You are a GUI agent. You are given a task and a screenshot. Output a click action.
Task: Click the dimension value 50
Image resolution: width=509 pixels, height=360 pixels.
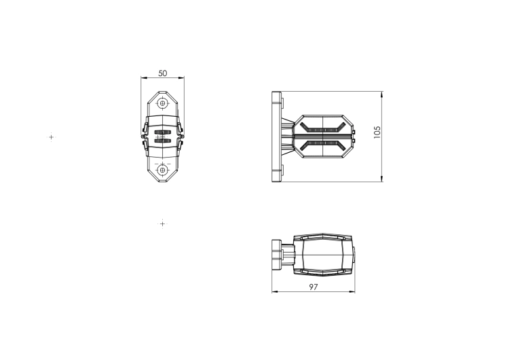[x=163, y=73]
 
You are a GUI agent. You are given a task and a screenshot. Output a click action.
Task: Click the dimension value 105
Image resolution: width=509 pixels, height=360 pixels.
[x=377, y=132]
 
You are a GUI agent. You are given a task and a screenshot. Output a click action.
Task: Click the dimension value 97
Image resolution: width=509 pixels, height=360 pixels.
[x=314, y=287]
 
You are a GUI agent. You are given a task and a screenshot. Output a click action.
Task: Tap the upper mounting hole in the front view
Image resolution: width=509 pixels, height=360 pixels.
[x=163, y=103]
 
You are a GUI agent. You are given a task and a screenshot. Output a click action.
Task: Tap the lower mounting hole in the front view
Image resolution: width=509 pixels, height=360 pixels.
[x=163, y=170]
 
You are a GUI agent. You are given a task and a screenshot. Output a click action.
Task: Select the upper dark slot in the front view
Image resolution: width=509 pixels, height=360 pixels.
[x=163, y=132]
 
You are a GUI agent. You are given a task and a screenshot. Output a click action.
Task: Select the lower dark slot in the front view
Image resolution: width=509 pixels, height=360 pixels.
[x=163, y=141]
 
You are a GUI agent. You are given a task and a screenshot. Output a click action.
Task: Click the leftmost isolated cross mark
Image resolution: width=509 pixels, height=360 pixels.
[x=52, y=137]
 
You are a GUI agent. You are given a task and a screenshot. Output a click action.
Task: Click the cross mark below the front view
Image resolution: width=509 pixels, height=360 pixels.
[x=162, y=223]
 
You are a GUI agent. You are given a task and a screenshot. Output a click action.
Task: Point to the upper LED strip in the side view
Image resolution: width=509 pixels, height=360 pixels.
[x=322, y=128]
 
